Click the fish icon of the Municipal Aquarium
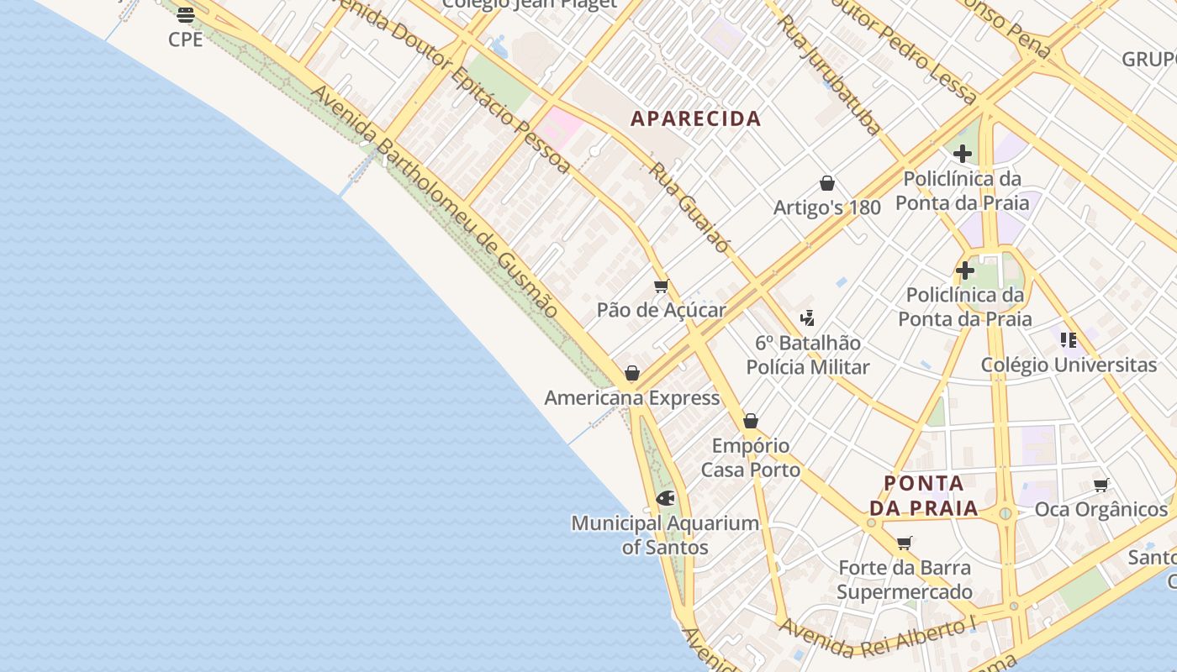665,498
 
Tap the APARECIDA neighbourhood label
696,118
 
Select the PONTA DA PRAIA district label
924,496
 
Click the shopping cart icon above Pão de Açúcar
662,286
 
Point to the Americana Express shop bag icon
632,373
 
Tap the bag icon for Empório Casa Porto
751,421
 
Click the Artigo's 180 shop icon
827,183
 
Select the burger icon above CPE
186,14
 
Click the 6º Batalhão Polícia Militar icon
808,318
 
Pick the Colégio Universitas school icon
1069,339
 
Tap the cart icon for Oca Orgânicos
1101,485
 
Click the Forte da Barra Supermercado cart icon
905,543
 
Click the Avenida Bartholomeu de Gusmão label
435,202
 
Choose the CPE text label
186,39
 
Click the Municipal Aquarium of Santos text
665,535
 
